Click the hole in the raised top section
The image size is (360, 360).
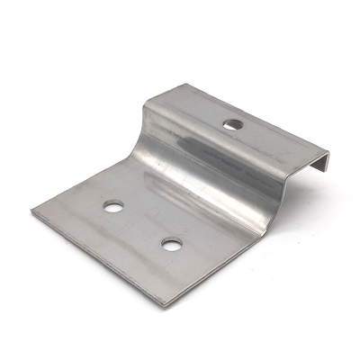point(234,123)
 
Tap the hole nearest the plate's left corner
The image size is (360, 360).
point(113,206)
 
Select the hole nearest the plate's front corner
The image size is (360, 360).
point(169,243)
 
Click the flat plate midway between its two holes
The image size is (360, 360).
point(141,225)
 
